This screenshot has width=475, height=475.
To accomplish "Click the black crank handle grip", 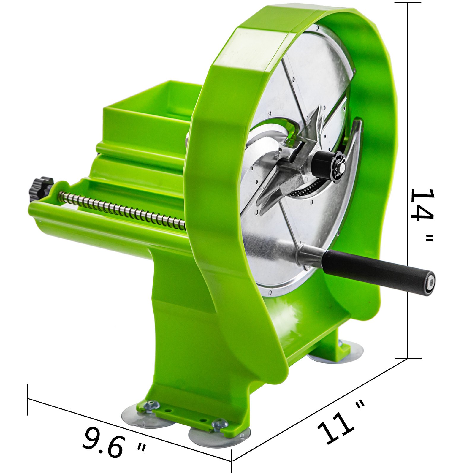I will [377, 268].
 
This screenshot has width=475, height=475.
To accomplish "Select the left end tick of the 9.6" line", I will [28, 399].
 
